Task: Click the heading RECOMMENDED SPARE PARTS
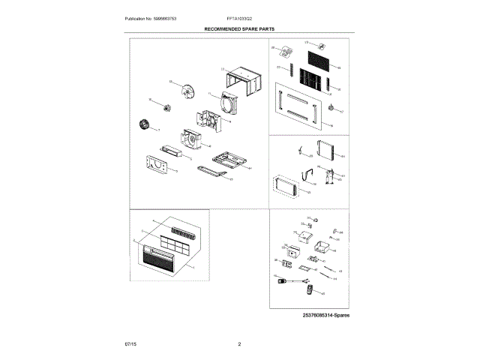(240, 27)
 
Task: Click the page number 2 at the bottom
(238, 343)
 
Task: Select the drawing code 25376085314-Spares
(327, 315)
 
